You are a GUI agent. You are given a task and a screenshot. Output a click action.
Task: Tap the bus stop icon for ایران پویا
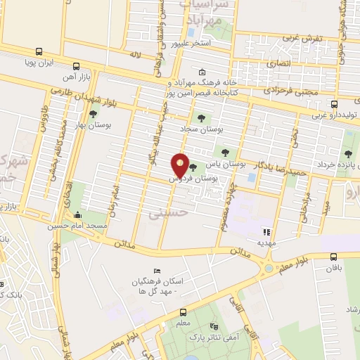click(x=38, y=51)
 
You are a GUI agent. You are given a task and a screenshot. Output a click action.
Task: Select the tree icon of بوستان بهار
click(x=94, y=114)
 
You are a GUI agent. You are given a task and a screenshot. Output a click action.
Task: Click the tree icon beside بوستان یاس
click(x=225, y=151)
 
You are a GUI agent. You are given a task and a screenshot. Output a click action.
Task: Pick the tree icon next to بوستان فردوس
click(x=193, y=167)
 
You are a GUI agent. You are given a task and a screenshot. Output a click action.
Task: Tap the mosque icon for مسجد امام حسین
click(x=77, y=215)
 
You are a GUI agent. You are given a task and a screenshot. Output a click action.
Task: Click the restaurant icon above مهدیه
click(x=266, y=232)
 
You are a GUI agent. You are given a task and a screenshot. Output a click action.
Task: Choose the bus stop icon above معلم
click(x=183, y=312)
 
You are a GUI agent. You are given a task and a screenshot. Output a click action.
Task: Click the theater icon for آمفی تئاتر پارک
click(x=214, y=328)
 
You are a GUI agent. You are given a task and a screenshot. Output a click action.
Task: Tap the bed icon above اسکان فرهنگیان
click(x=157, y=271)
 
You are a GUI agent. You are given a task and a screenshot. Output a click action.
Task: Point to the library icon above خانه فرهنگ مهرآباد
click(x=202, y=72)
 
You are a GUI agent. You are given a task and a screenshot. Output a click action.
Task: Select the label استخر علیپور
click(x=193, y=44)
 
